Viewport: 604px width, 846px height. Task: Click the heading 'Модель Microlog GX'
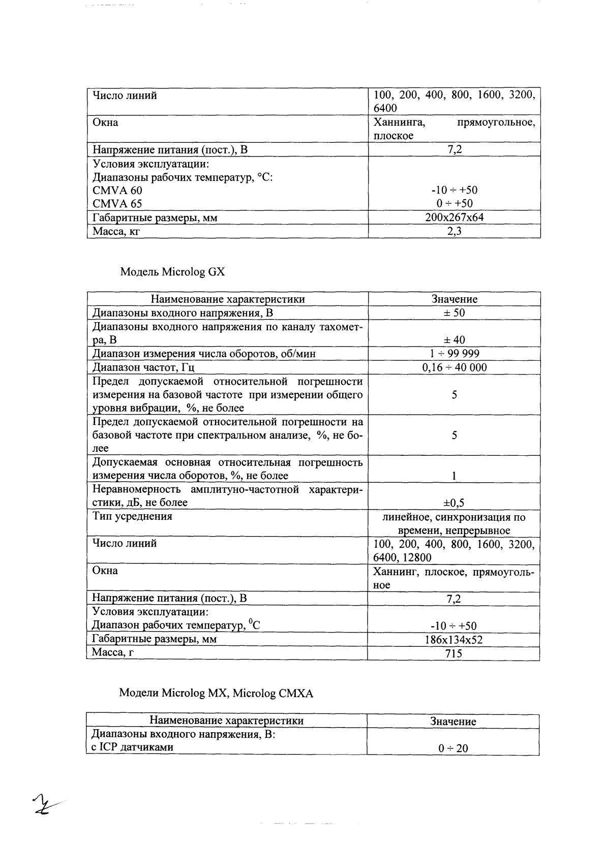click(x=172, y=272)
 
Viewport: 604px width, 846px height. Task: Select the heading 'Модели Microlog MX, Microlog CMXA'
click(x=216, y=693)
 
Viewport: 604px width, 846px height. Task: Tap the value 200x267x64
click(x=454, y=217)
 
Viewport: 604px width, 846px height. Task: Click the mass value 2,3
click(x=454, y=231)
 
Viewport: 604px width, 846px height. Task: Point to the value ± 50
click(x=454, y=313)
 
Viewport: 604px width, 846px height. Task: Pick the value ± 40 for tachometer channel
click(x=454, y=340)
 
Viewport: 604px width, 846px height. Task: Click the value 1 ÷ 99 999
click(x=454, y=354)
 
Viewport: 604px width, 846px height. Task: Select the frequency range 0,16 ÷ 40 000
click(x=454, y=367)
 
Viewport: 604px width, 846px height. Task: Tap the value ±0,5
click(x=454, y=503)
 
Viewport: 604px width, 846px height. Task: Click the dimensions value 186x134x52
click(x=454, y=640)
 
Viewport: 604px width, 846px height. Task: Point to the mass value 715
click(x=454, y=653)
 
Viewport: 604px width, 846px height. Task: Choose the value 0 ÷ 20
click(x=454, y=748)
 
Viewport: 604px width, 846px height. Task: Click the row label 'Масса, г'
click(x=112, y=652)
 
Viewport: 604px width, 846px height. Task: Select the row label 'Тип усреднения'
click(x=132, y=516)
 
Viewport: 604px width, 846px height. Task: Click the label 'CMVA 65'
click(x=117, y=204)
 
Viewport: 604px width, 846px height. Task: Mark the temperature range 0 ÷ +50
click(x=454, y=204)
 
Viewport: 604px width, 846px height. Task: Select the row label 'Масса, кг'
click(x=115, y=231)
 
